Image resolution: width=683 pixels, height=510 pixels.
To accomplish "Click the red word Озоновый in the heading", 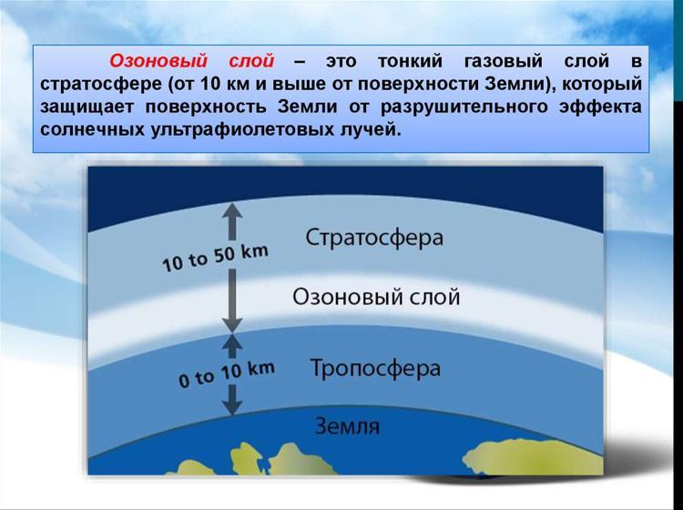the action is (158, 61).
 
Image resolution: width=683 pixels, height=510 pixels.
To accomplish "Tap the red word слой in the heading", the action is (251, 61).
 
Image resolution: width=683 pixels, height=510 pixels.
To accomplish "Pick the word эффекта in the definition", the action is (601, 107).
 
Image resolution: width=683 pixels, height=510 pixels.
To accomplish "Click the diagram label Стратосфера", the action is (374, 238).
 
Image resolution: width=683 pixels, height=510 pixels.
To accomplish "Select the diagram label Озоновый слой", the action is (376, 297).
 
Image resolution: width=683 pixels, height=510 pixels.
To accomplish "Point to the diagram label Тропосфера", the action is (375, 369).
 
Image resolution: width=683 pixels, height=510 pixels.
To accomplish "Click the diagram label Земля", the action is (347, 426).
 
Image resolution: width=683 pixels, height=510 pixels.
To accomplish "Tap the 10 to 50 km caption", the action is (215, 258).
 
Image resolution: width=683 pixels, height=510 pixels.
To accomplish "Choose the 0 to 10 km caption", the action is (227, 374).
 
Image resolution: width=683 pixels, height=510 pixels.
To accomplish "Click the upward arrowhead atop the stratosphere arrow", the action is (232, 210).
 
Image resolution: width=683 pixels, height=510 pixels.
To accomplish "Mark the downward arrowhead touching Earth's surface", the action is (232, 407).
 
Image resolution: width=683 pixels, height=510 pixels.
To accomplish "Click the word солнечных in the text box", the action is (92, 130).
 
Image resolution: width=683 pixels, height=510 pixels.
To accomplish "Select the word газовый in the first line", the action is (503, 61).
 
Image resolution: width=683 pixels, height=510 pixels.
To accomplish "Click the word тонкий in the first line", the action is (410, 61).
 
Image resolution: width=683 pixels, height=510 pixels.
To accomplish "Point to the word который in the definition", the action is (602, 84).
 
